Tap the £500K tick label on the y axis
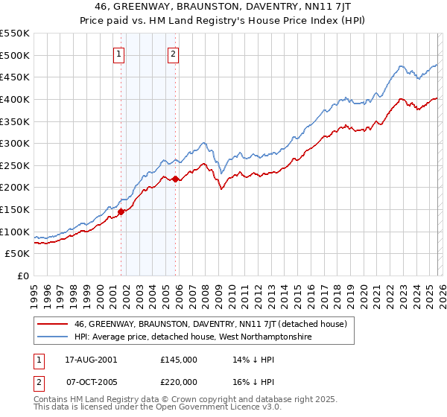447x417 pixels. tap(15, 55)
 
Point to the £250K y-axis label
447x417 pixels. tap(15, 165)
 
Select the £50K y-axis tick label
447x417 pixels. tap(18, 254)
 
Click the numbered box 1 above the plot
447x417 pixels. tap(120, 54)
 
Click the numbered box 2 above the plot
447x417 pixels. tap(173, 54)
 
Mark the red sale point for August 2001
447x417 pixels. tap(121, 211)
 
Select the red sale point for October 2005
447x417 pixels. tap(175, 179)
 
